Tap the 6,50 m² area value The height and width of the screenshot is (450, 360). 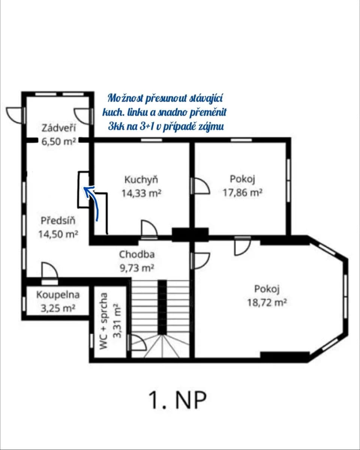tap(58, 141)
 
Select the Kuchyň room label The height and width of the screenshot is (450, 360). tap(141, 180)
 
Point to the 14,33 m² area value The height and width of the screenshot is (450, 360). tap(141, 193)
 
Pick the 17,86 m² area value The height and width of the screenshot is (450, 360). tap(242, 193)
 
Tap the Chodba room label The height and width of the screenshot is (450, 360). tap(137, 254)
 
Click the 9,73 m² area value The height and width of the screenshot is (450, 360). tap(137, 268)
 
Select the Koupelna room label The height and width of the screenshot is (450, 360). tap(58, 295)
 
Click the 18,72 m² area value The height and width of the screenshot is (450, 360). tap(267, 302)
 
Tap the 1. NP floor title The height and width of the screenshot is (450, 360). tap(177, 400)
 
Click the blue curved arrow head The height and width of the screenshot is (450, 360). tap(87, 191)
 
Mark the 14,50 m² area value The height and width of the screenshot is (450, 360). tap(58, 234)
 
